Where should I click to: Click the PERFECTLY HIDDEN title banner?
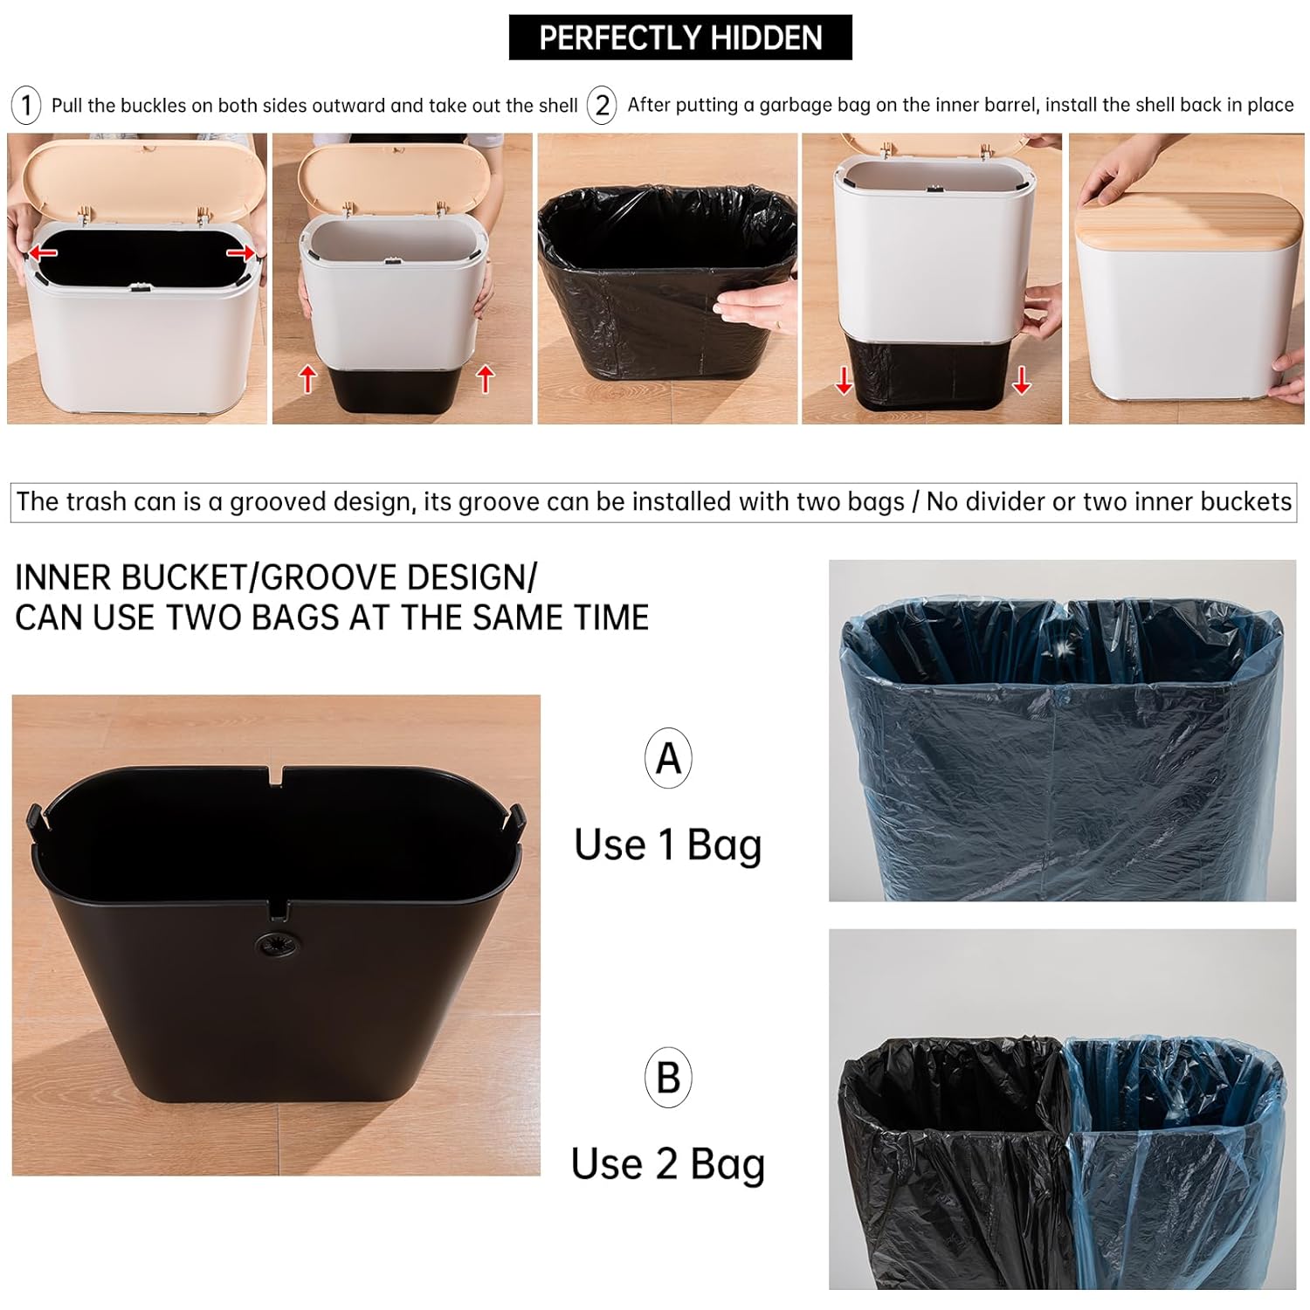[x=679, y=38]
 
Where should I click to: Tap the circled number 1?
[x=26, y=106]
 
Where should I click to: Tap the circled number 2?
[x=602, y=106]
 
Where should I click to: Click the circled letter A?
[x=668, y=758]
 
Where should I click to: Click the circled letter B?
[x=668, y=1078]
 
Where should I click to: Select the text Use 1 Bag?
[x=668, y=845]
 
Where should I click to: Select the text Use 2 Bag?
[x=668, y=1164]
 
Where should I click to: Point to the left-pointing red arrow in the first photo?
[x=42, y=253]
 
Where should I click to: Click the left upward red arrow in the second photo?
[x=307, y=379]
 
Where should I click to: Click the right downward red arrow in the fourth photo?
[x=1021, y=380]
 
